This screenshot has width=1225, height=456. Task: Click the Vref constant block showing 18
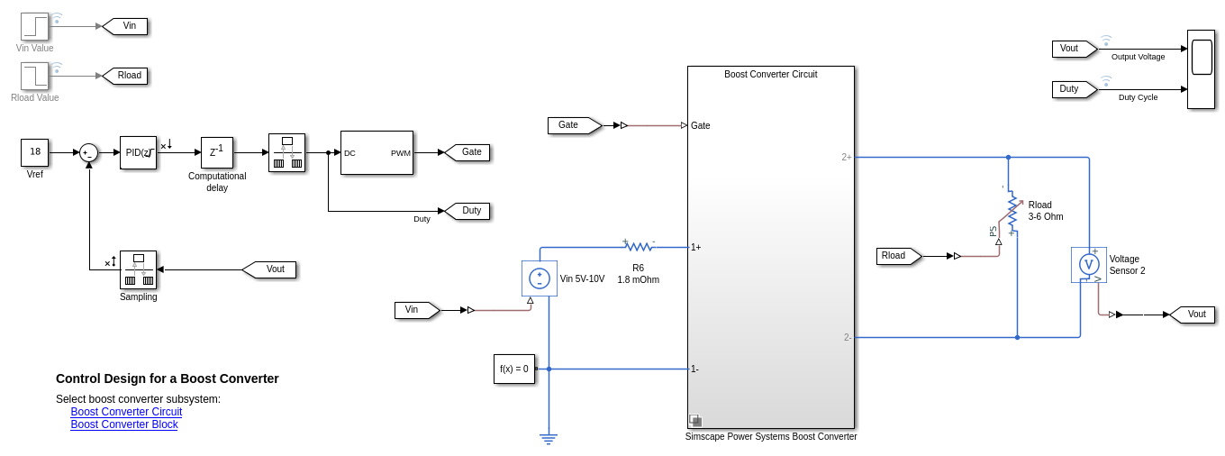[34, 152]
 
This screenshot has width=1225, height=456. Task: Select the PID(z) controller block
[138, 152]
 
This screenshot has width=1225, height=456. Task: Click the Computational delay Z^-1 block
[216, 152]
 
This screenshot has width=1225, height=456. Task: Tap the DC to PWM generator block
[377, 152]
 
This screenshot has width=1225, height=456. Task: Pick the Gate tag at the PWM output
[468, 152]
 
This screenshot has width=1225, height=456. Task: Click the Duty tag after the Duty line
[468, 211]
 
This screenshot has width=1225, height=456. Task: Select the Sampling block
[138, 269]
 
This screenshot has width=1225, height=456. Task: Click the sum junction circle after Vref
[88, 152]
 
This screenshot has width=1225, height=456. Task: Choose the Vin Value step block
[35, 26]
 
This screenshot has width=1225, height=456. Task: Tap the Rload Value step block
[35, 76]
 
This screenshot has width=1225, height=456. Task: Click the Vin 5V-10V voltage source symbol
[540, 278]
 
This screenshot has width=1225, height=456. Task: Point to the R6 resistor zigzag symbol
[639, 246]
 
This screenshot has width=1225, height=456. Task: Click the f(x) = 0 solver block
[513, 369]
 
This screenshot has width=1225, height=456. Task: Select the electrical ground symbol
[549, 439]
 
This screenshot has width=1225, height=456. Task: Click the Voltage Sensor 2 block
[1088, 265]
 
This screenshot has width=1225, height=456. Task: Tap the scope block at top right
[1201, 68]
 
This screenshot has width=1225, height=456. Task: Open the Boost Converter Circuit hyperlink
[126, 412]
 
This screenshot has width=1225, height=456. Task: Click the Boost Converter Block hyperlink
[124, 424]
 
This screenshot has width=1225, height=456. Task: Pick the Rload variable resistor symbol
[1012, 211]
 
